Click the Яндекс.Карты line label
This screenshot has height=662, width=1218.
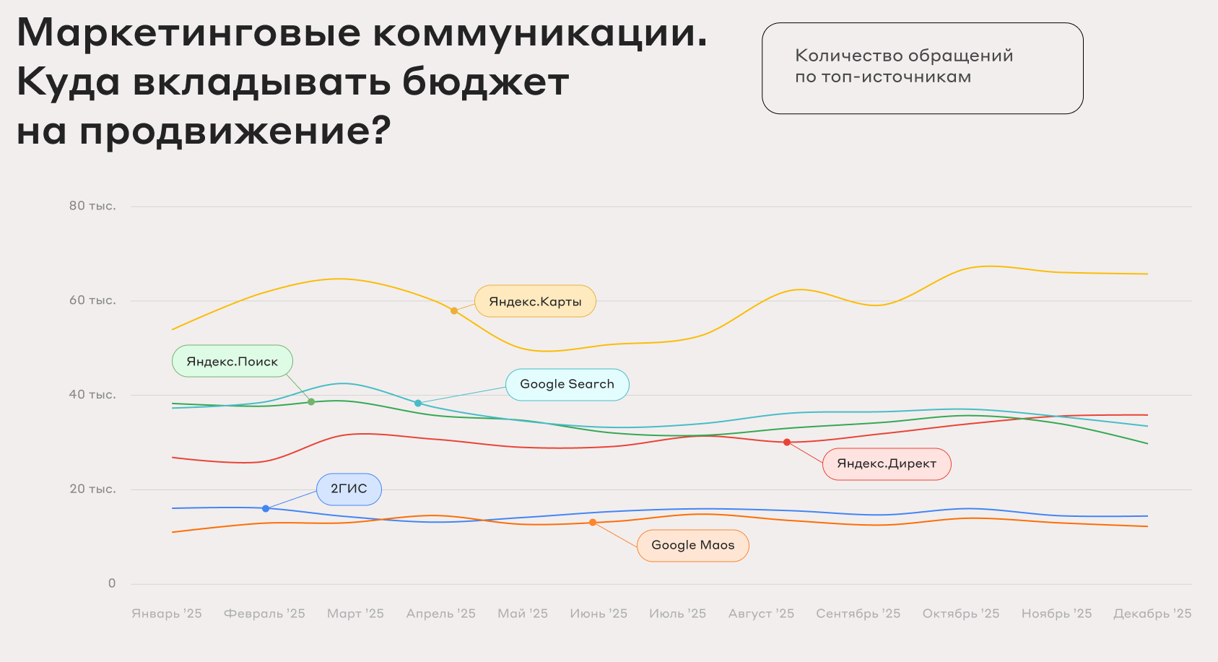(535, 302)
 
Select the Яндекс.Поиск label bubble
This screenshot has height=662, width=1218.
(232, 362)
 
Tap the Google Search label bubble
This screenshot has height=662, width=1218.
(567, 384)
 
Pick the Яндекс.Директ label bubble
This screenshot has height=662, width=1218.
(887, 463)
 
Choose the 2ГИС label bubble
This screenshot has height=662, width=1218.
(349, 489)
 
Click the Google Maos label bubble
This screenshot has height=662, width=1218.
(692, 545)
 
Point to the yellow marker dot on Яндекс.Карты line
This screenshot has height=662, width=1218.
(454, 311)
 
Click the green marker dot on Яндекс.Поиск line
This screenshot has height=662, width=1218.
(311, 402)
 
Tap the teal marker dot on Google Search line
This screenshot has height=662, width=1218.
(417, 403)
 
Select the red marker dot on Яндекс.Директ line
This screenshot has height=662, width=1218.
(787, 443)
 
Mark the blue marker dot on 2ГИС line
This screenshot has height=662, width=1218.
(266, 509)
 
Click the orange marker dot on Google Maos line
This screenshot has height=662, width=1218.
(593, 523)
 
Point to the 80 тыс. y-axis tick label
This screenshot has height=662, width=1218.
(92, 206)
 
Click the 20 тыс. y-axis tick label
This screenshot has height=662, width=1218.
(92, 489)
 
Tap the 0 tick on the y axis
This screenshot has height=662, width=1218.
(112, 583)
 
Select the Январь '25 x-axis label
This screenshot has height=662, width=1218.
(167, 614)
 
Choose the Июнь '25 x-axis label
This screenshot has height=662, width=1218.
(599, 614)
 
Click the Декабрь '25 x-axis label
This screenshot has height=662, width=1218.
(1152, 614)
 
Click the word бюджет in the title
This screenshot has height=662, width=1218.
(485, 82)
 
